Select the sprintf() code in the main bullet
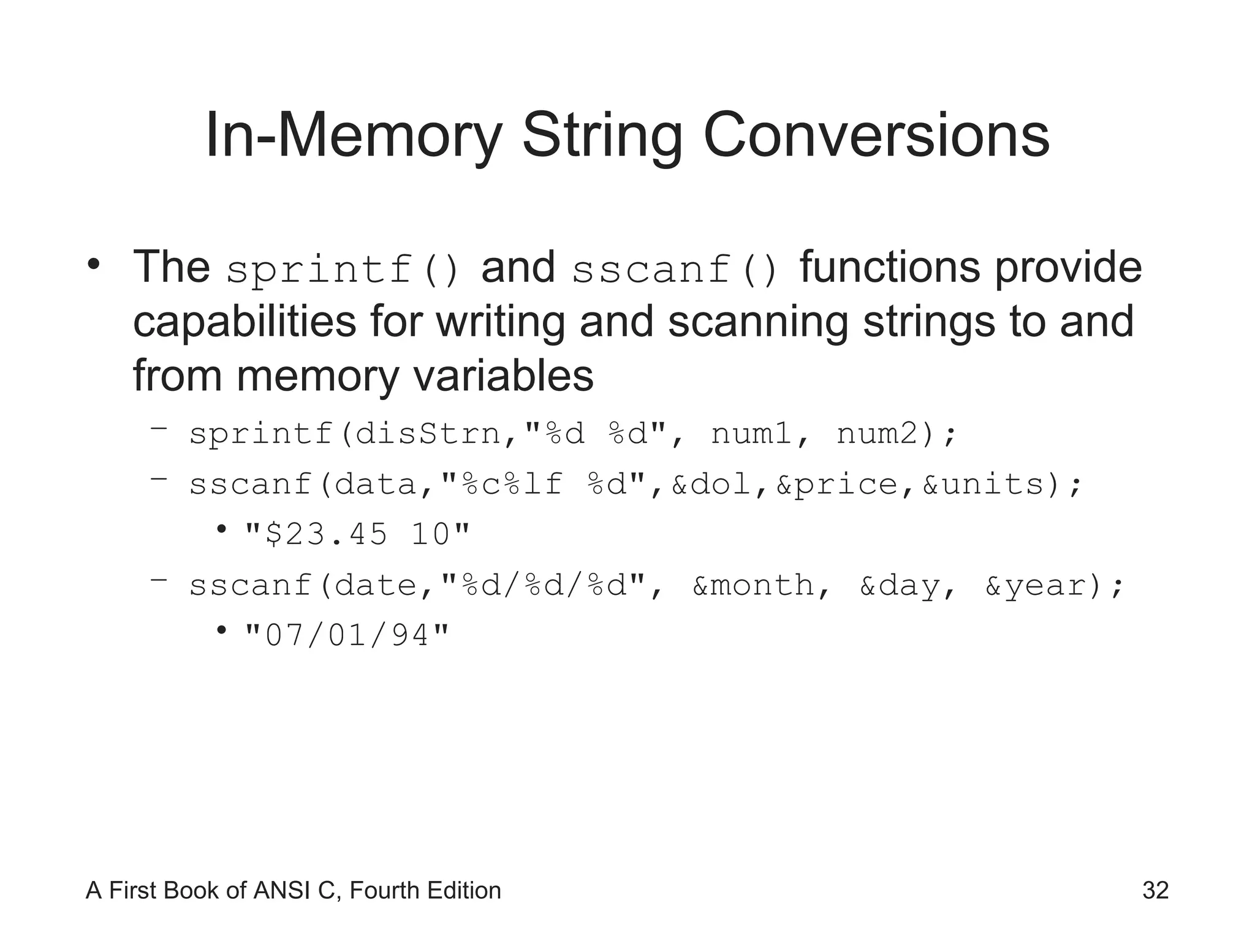[x=343, y=270]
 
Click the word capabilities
[x=244, y=322]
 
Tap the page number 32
[x=1155, y=890]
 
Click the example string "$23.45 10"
[x=357, y=534]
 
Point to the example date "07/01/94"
[x=347, y=635]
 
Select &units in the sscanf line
[x=984, y=485]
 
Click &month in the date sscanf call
[x=753, y=586]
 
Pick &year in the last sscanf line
[x=1036, y=586]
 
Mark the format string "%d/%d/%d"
[x=545, y=586]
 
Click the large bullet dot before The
[x=93, y=265]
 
